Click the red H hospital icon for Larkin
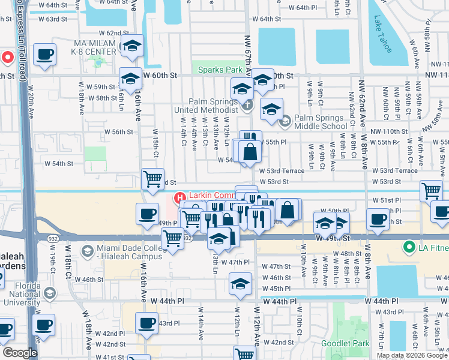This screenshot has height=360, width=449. pyautogui.click(x=179, y=197)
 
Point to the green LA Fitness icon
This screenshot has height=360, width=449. pyautogui.click(x=409, y=247)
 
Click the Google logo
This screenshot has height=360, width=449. pyautogui.click(x=20, y=353)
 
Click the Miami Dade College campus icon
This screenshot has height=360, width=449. pyautogui.click(x=88, y=251)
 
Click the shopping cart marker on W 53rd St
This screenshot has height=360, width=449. pyautogui.click(x=153, y=178)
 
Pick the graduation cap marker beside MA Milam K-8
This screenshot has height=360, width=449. pyautogui.click(x=131, y=46)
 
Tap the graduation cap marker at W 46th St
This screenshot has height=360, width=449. pyautogui.click(x=241, y=283)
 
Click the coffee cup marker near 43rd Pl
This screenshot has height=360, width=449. pyautogui.click(x=146, y=323)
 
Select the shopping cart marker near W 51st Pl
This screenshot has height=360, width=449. pyautogui.click(x=431, y=190)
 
